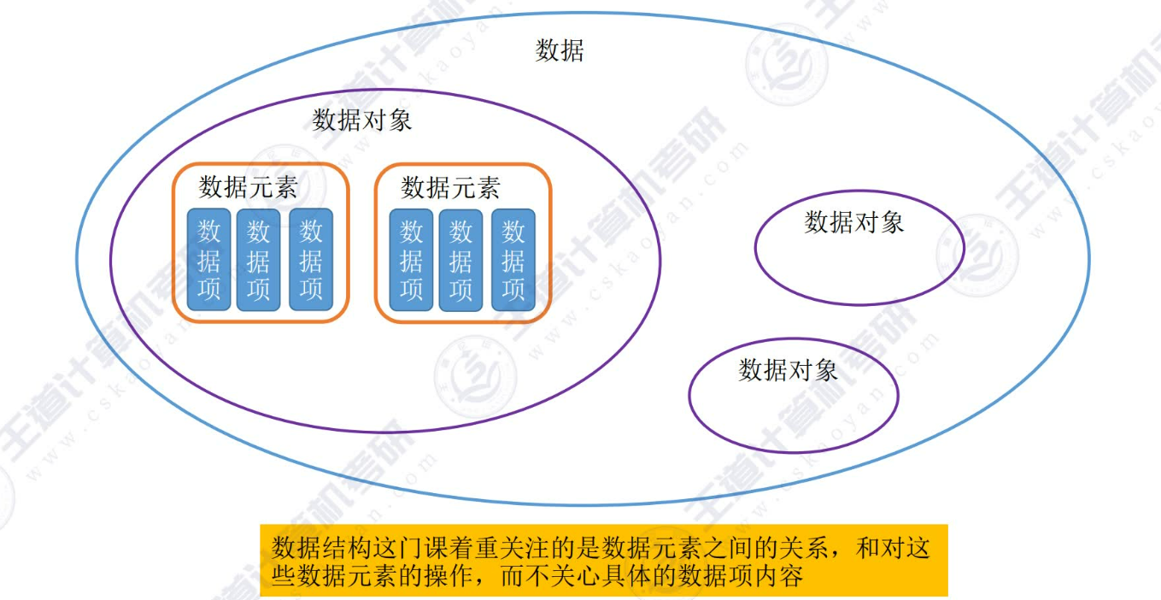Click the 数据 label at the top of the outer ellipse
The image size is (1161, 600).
pos(560,51)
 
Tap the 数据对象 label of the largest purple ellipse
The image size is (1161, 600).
pos(362,121)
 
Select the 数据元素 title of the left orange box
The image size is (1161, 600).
pos(248,187)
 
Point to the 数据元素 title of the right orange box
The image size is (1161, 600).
pos(450,187)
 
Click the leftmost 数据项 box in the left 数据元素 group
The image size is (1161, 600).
pos(209,259)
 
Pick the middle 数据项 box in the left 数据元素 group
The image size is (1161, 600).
pos(258,259)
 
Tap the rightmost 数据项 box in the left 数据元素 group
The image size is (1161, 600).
pos(311,259)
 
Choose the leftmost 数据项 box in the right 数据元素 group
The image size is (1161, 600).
pos(412,259)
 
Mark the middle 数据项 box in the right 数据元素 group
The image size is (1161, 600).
pos(460,259)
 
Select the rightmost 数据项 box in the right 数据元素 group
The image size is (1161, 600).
pos(513,259)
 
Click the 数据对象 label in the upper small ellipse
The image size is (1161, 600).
pos(854,223)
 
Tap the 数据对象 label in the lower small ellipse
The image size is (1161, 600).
pos(789,370)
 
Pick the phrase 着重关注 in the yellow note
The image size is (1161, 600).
pos(507,548)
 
